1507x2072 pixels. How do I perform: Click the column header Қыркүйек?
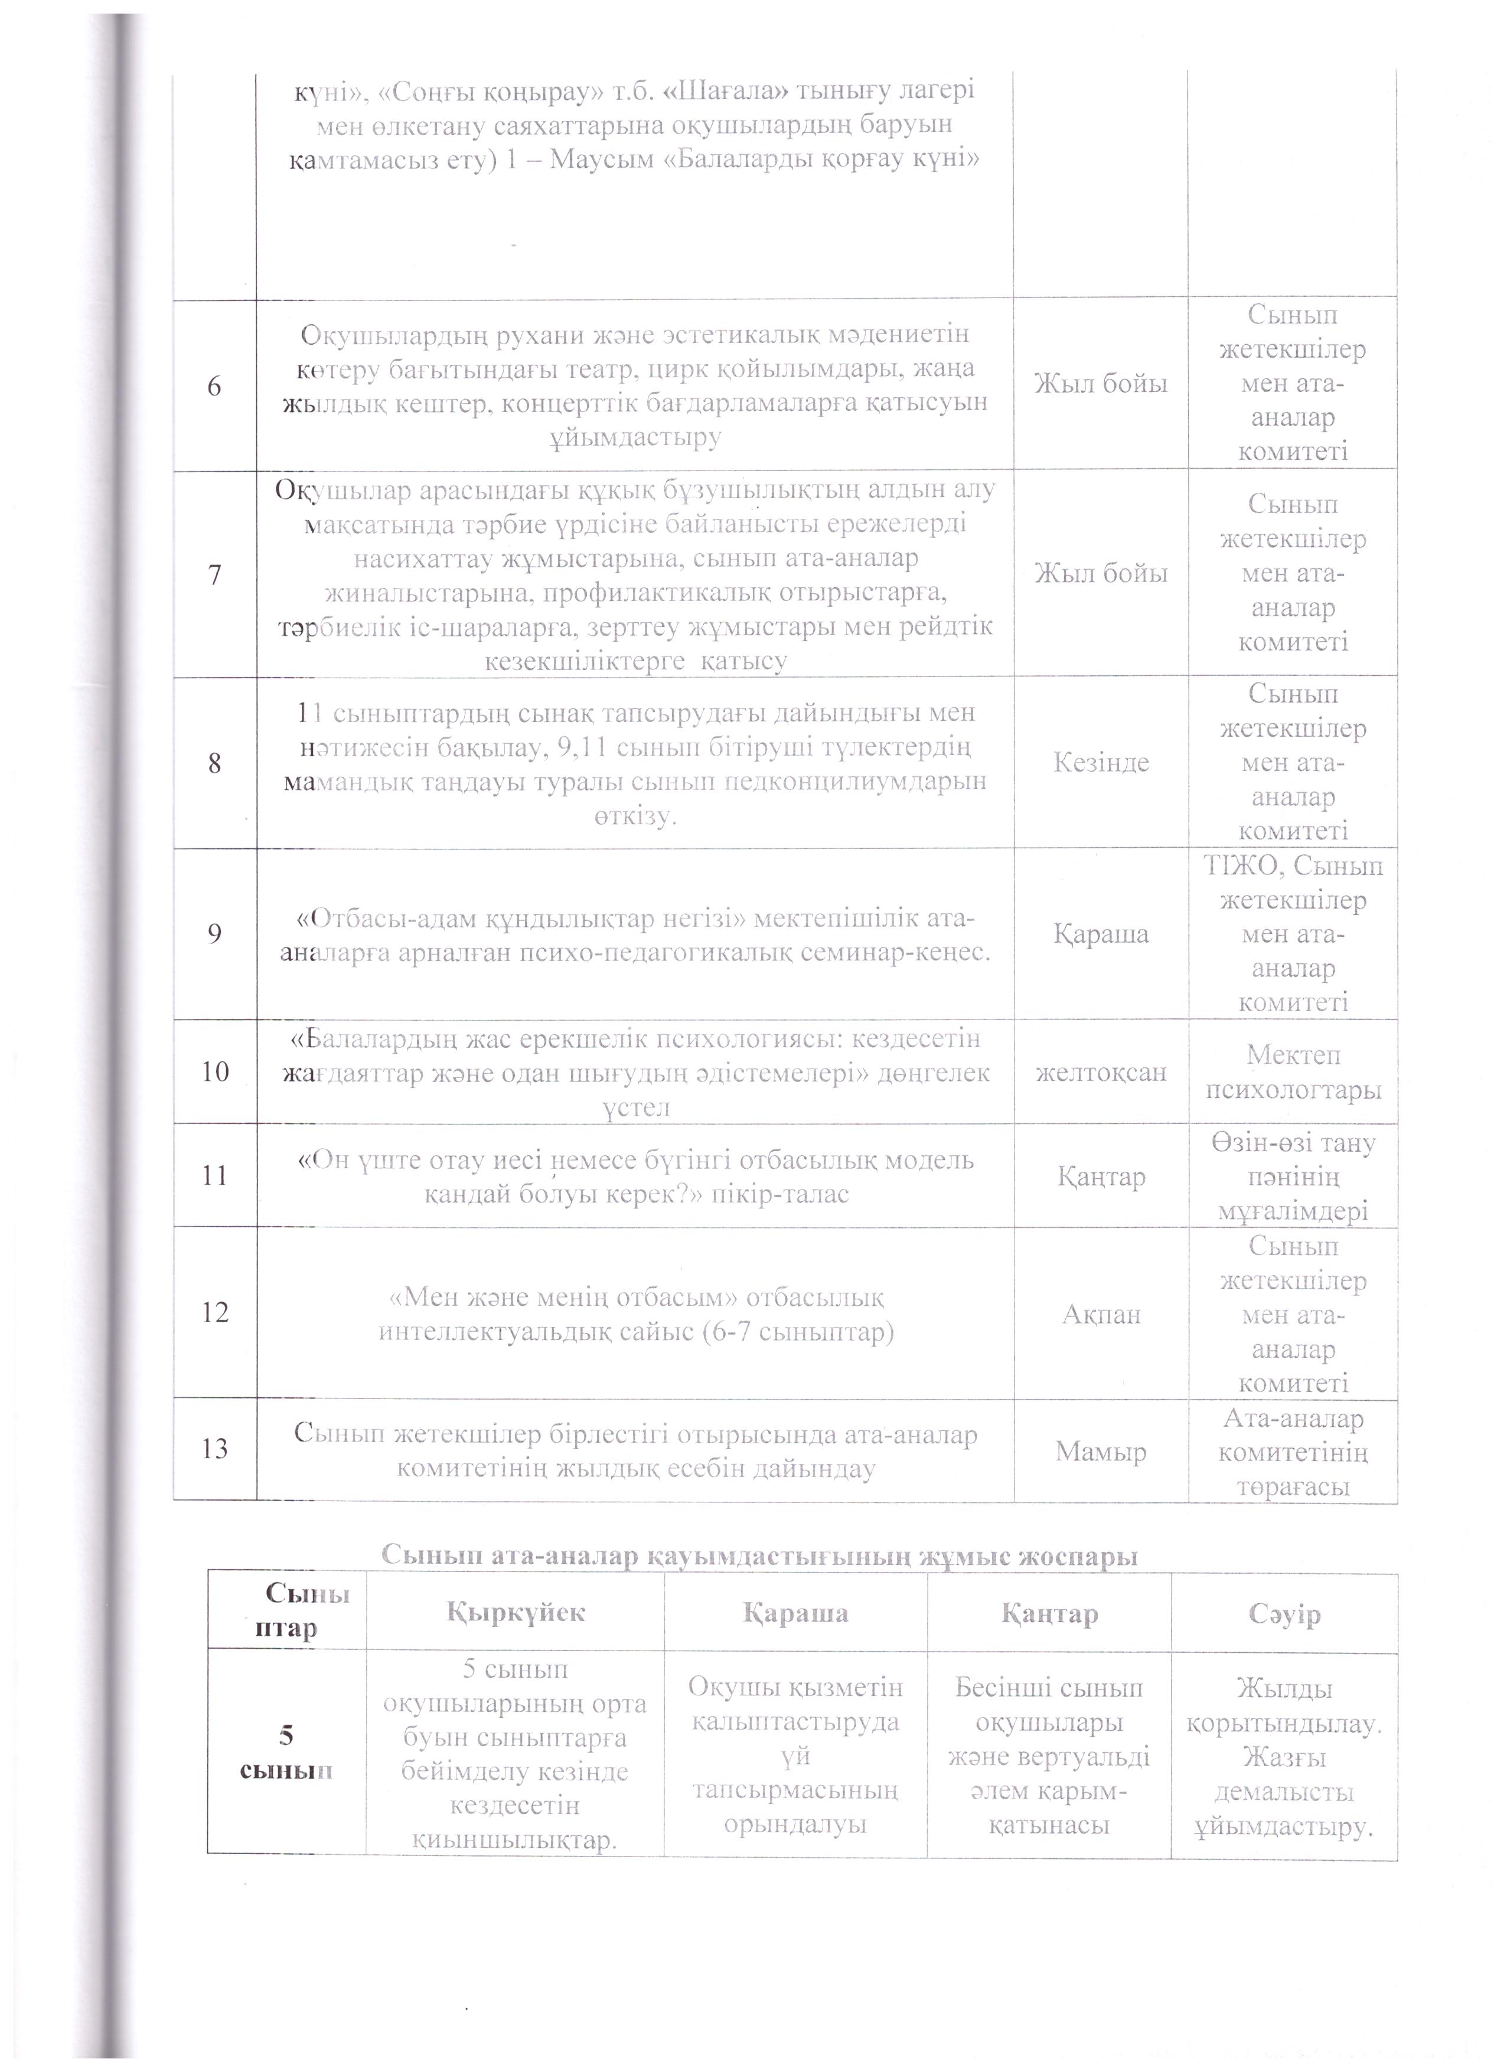[516, 1613]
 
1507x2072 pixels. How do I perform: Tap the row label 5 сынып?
[286, 1752]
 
